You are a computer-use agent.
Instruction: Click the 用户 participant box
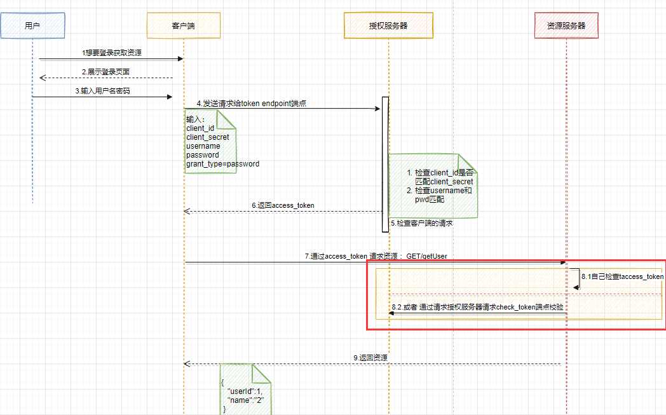tap(32, 25)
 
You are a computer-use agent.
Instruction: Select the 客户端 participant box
tap(183, 25)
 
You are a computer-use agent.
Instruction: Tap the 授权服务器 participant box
tap(388, 25)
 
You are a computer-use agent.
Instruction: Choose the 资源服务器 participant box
tap(566, 25)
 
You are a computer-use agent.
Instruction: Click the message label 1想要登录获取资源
tap(112, 53)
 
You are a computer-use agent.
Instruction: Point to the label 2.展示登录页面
tap(105, 72)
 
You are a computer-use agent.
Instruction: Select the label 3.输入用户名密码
tap(102, 91)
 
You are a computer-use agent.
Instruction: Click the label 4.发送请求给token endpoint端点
tap(251, 103)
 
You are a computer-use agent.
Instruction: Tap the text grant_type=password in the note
tap(222, 164)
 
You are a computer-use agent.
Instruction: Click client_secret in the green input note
tap(208, 137)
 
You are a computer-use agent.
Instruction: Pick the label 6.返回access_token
tap(282, 206)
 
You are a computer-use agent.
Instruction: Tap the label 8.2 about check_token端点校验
tap(477, 308)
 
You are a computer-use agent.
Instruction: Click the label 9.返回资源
tap(370, 358)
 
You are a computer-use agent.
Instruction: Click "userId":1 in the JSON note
tap(245, 390)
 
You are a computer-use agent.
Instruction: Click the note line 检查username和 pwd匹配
tap(438, 195)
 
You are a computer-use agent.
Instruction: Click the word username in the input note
tap(203, 146)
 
